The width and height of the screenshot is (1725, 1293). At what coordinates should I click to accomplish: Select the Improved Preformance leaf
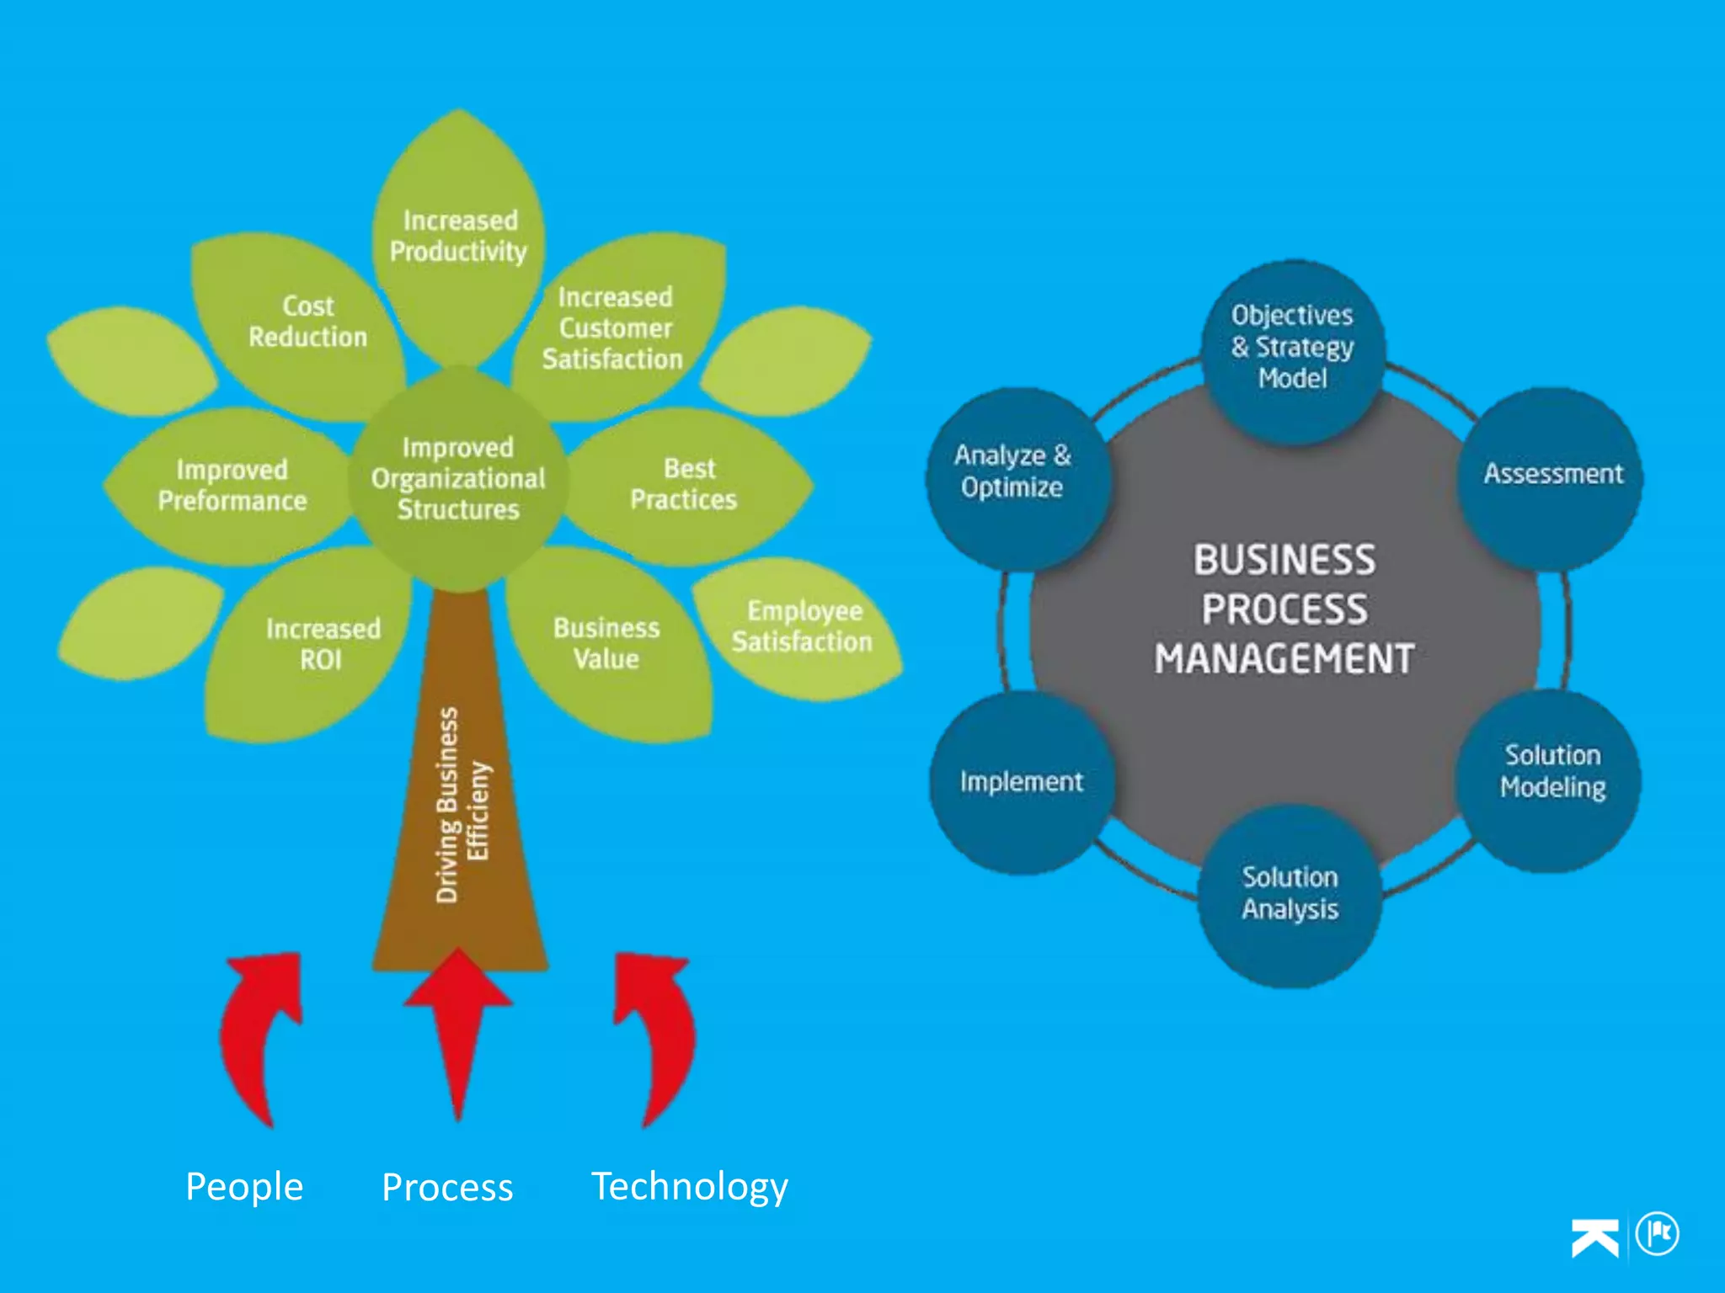click(x=232, y=486)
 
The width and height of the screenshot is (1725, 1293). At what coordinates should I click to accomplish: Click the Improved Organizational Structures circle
click(x=458, y=478)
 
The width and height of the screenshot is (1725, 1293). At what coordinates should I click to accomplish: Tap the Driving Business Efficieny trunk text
click(x=462, y=804)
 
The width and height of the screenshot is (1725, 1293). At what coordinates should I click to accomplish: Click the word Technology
click(x=689, y=1187)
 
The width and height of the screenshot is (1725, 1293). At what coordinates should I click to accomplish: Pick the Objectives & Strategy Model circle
click(x=1293, y=348)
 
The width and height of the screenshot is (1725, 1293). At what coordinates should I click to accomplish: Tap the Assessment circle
click(x=1552, y=475)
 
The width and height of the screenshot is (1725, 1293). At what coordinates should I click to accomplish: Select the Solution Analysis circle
click(x=1290, y=894)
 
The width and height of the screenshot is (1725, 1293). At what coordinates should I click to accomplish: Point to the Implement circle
click(x=1021, y=782)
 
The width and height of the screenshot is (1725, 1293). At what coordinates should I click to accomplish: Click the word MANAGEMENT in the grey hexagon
click(x=1284, y=659)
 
